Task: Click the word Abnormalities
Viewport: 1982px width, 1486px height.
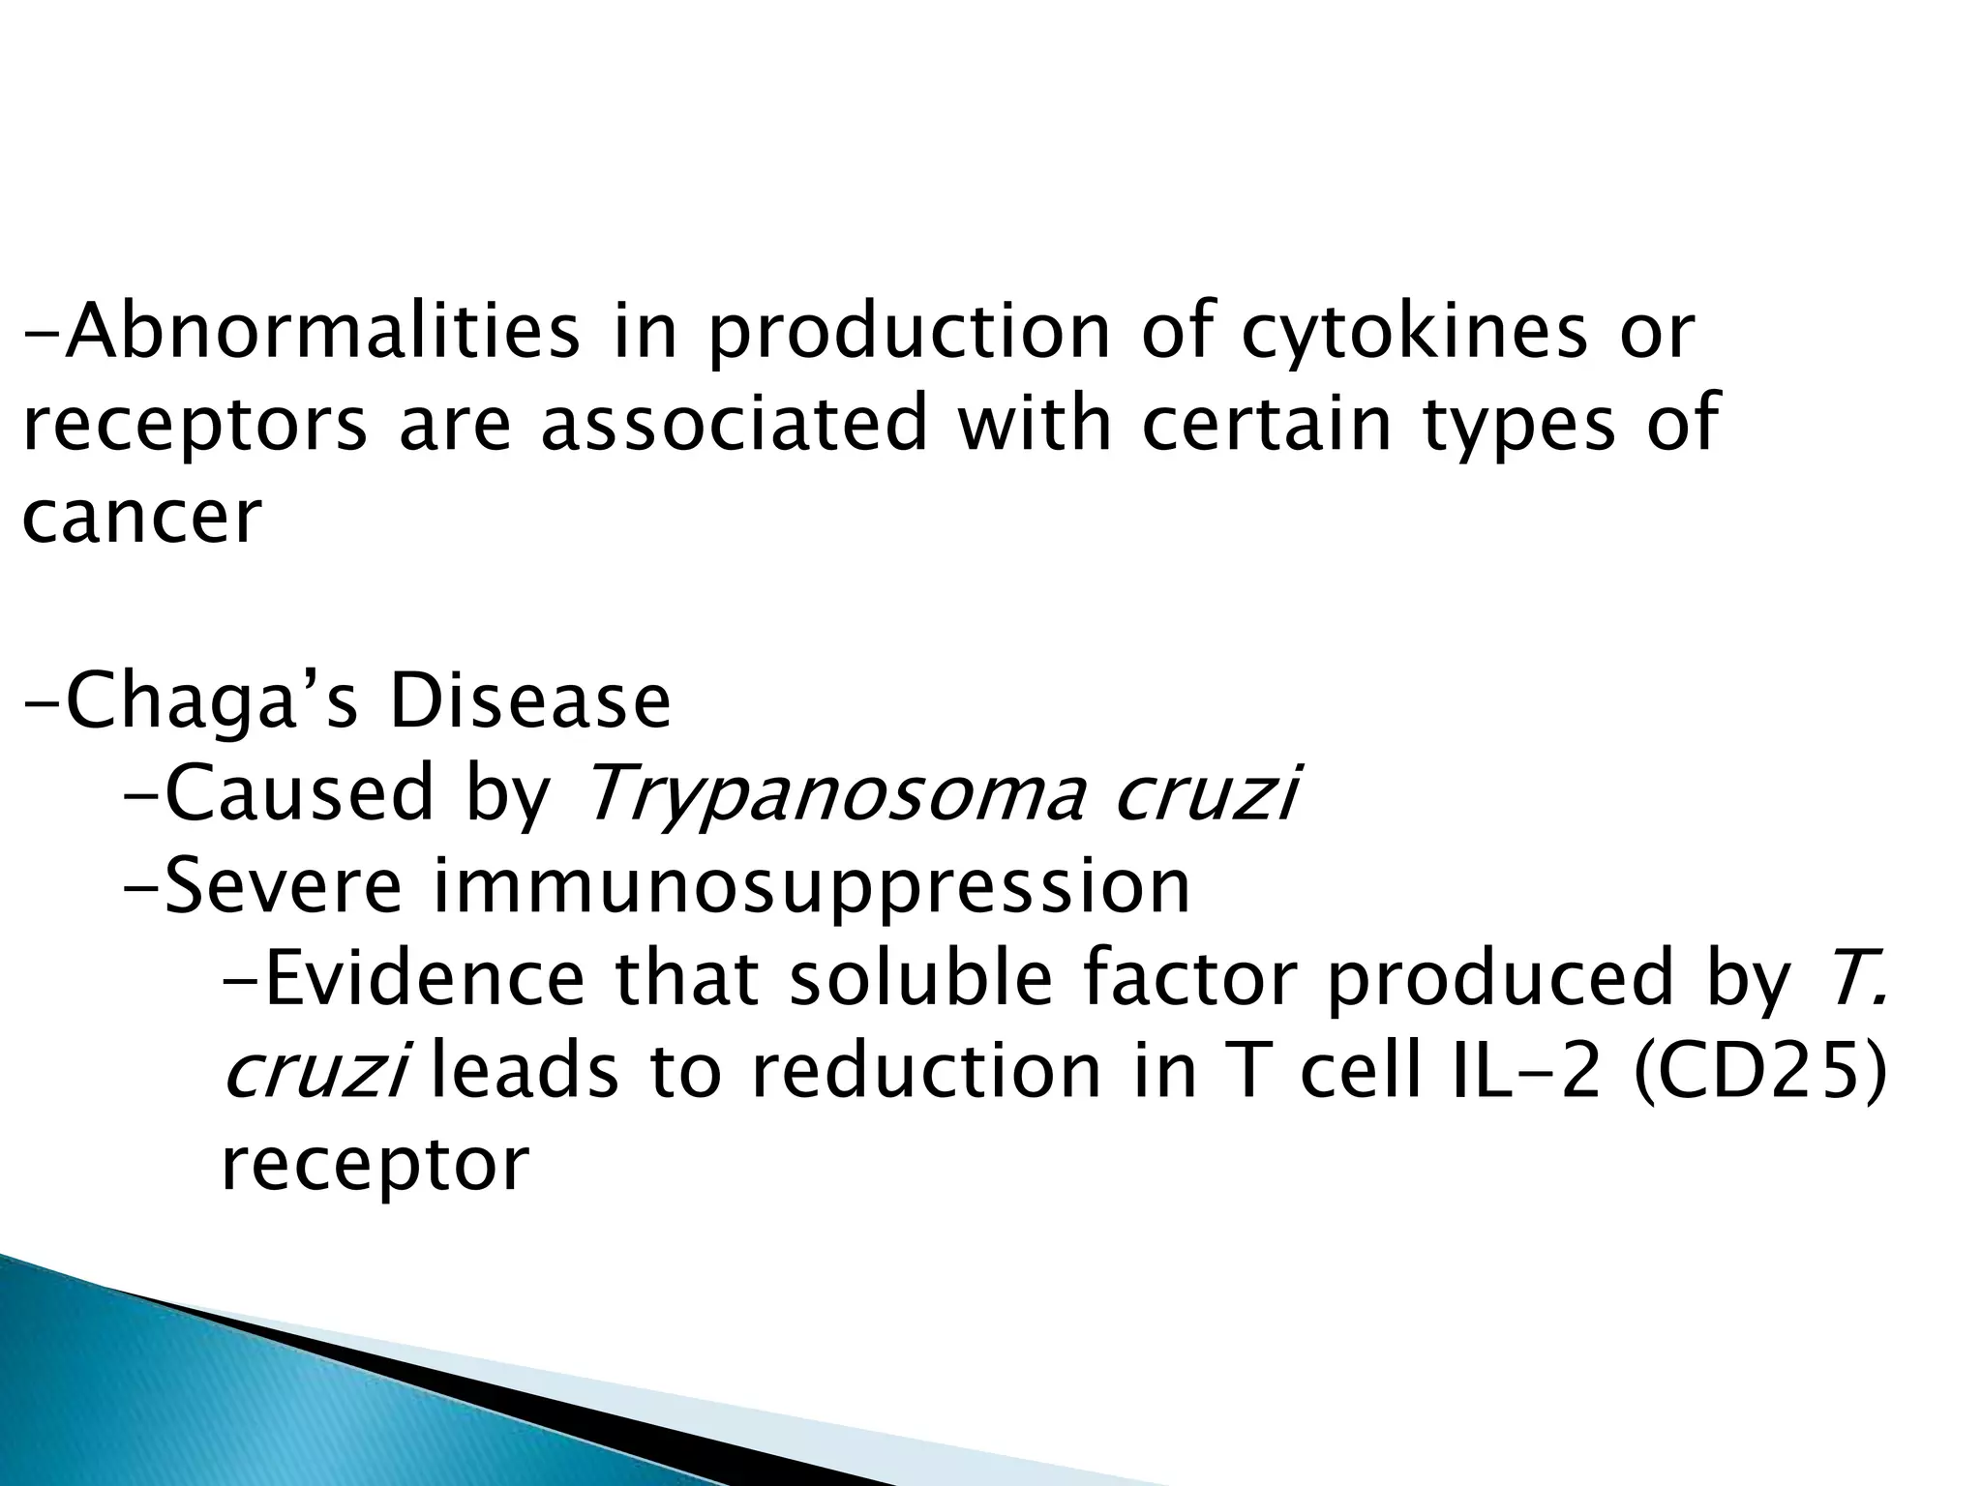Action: pyautogui.click(x=325, y=332)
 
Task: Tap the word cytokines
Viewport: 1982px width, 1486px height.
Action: pyautogui.click(x=1413, y=332)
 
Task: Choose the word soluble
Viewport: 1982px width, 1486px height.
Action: pyautogui.click(x=919, y=978)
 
